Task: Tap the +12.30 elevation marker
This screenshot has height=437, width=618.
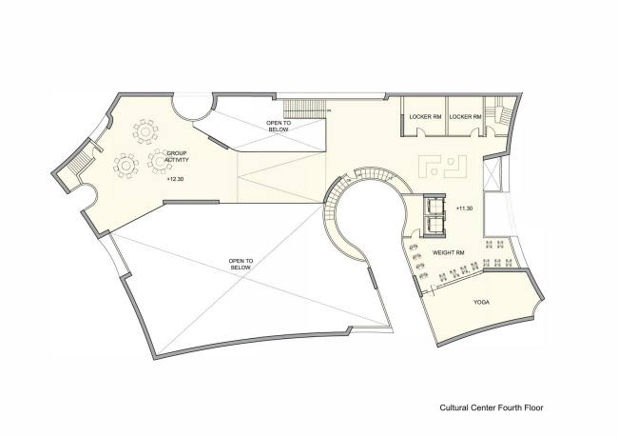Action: tap(175, 178)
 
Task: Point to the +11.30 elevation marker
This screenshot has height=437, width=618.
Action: tap(464, 208)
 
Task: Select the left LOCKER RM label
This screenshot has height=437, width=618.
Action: tap(424, 116)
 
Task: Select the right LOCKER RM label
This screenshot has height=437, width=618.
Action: tap(466, 116)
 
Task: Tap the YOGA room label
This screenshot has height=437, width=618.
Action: tap(482, 304)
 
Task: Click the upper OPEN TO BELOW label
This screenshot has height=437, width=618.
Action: tap(279, 127)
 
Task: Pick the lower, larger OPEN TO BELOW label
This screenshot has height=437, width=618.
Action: tap(241, 265)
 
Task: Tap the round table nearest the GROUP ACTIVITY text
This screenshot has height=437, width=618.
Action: tap(156, 163)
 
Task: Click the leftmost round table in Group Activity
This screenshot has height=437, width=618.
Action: tap(125, 166)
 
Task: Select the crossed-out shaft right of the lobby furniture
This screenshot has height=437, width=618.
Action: tap(491, 175)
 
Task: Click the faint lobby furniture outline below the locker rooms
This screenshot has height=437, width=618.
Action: tap(441, 166)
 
